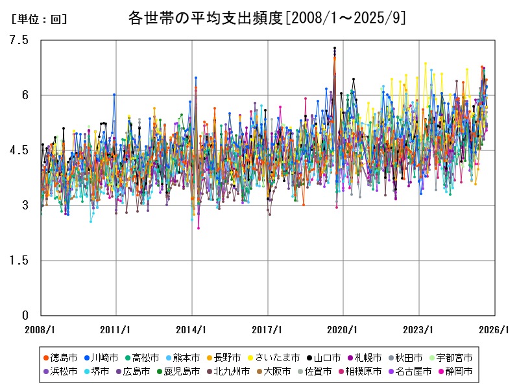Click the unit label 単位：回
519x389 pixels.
(x=39, y=19)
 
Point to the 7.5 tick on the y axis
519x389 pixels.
(x=20, y=40)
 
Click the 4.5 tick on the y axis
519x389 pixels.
(x=20, y=150)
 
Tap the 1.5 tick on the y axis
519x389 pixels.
(x=20, y=261)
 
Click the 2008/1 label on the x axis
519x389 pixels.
(x=40, y=329)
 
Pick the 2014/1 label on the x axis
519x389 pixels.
(x=192, y=329)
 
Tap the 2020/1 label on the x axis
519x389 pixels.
(x=344, y=329)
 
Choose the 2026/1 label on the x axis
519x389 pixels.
(x=496, y=329)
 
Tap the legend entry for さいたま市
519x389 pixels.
(x=276, y=358)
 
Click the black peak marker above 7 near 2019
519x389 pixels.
(x=335, y=48)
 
